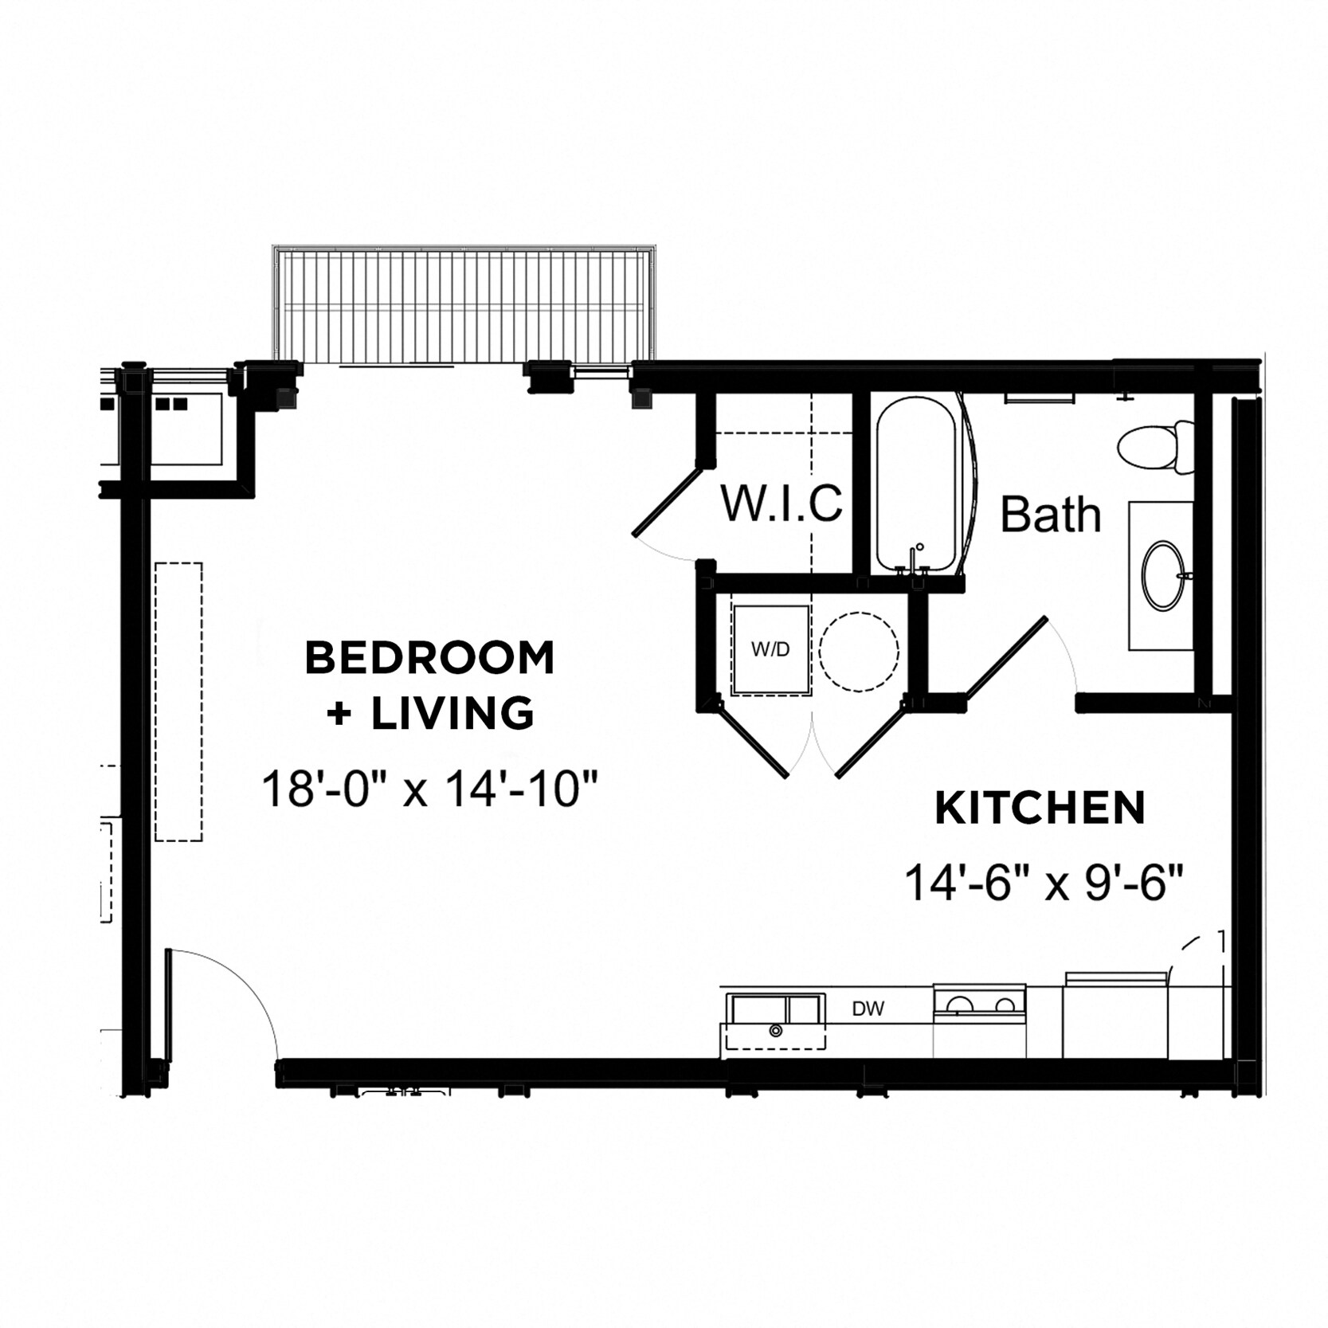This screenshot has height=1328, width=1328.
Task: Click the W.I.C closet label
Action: (781, 503)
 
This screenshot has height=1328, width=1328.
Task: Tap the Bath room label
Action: (1050, 515)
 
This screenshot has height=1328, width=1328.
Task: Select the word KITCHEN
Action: (1040, 809)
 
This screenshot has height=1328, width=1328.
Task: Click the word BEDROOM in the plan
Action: (429, 658)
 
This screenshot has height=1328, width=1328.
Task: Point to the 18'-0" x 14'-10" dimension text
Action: (429, 790)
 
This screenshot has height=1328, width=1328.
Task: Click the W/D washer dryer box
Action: (770, 649)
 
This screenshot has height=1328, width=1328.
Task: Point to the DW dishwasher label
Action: (868, 1009)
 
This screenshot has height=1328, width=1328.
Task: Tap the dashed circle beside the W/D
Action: (860, 651)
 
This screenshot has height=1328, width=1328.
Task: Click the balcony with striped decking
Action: (466, 306)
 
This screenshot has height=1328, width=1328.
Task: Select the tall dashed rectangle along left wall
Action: (178, 701)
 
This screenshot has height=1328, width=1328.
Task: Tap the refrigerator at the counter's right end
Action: (1115, 1016)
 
